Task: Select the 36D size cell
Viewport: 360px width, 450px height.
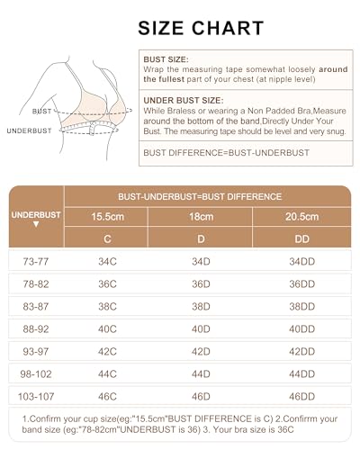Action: (201, 283)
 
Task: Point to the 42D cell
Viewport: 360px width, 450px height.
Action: (201, 351)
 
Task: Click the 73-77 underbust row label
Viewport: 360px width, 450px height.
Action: (36, 262)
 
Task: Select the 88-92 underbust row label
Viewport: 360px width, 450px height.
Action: (36, 328)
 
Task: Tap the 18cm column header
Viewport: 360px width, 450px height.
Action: (201, 217)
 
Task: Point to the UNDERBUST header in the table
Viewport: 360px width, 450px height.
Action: (36, 216)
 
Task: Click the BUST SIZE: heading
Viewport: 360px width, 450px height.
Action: (166, 59)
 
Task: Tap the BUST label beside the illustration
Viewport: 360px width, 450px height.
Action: (41, 111)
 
